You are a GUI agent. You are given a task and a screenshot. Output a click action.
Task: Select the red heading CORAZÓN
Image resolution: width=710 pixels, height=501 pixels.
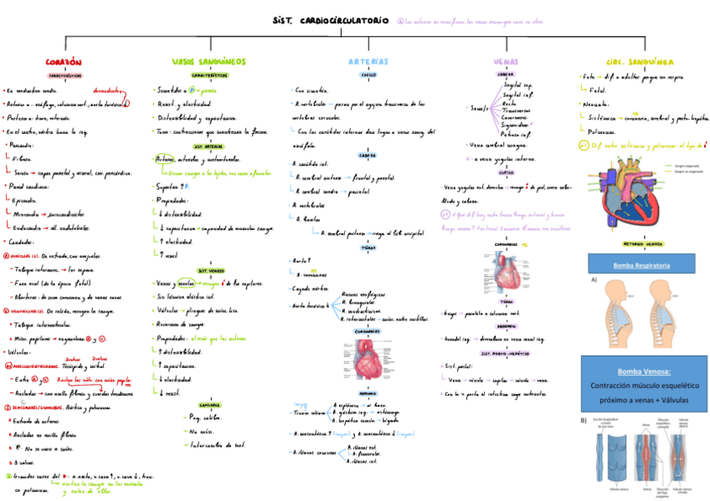[64, 63]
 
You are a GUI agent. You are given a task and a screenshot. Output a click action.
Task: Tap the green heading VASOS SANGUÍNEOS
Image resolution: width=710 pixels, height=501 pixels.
[208, 62]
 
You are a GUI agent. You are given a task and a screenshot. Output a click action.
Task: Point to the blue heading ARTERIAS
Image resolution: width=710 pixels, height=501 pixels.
[368, 62]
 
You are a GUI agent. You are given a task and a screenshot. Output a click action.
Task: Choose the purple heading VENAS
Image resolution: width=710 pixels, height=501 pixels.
[506, 62]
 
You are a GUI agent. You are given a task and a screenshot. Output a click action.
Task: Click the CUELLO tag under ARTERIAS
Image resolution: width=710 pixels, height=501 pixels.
[368, 74]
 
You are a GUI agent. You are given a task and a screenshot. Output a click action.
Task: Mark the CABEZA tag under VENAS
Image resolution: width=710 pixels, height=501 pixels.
[506, 74]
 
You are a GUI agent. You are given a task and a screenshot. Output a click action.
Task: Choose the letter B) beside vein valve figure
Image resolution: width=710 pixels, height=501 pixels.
[584, 421]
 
